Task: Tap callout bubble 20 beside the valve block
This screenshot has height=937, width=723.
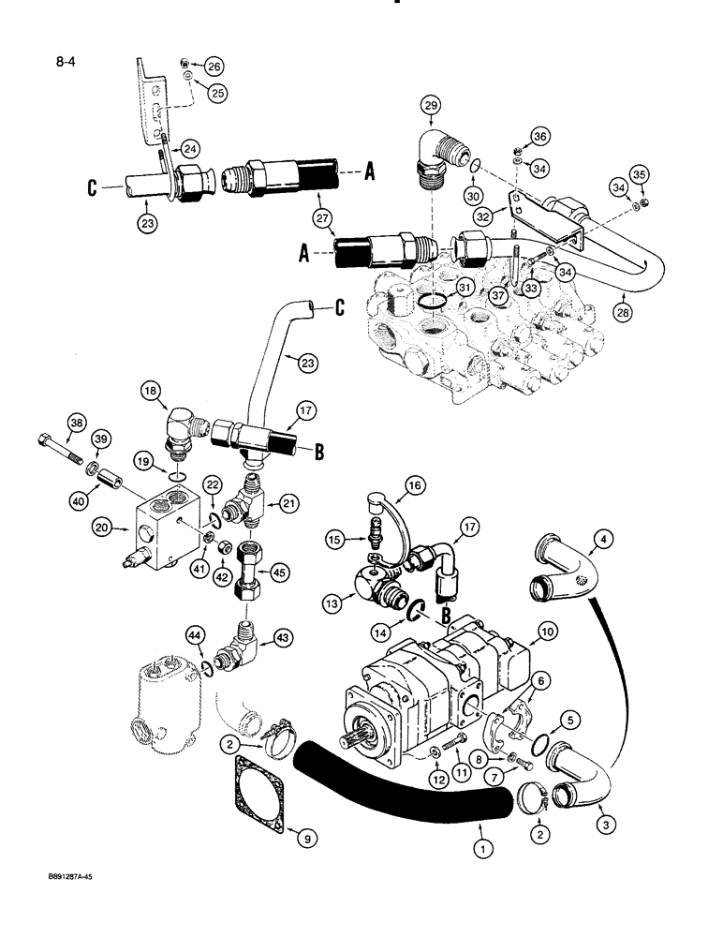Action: click(x=105, y=528)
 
